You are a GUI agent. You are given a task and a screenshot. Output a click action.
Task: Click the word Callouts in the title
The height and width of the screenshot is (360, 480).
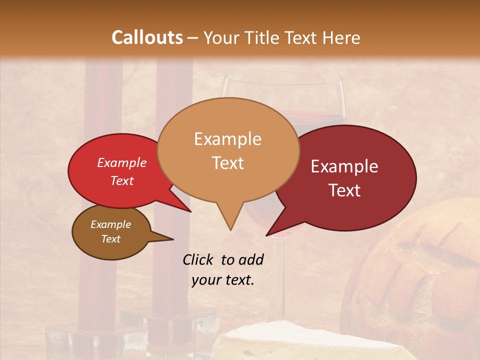(147, 37)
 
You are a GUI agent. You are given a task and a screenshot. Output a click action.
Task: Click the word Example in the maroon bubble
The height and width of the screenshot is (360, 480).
(344, 166)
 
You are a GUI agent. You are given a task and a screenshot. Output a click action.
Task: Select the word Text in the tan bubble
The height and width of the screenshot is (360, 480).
(228, 163)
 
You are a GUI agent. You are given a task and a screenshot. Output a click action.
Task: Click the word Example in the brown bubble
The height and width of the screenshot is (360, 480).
(110, 224)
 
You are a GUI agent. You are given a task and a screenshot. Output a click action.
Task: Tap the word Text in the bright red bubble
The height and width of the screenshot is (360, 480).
(122, 180)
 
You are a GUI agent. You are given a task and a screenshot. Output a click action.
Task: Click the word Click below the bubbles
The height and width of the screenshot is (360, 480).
(198, 259)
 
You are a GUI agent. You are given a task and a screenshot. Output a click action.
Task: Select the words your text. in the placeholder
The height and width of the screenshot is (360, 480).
(223, 280)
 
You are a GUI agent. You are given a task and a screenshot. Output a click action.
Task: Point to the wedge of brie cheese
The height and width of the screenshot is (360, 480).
(310, 345)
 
